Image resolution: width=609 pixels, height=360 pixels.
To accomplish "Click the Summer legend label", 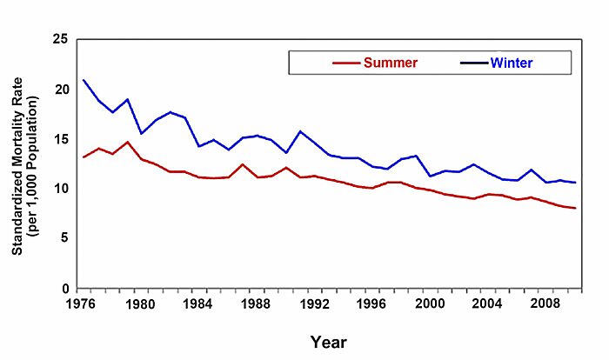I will coord(391,63).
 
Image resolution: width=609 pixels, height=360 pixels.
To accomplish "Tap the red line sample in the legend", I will coord(346,63).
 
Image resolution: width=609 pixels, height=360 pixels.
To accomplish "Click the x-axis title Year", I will coord(330,342).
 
